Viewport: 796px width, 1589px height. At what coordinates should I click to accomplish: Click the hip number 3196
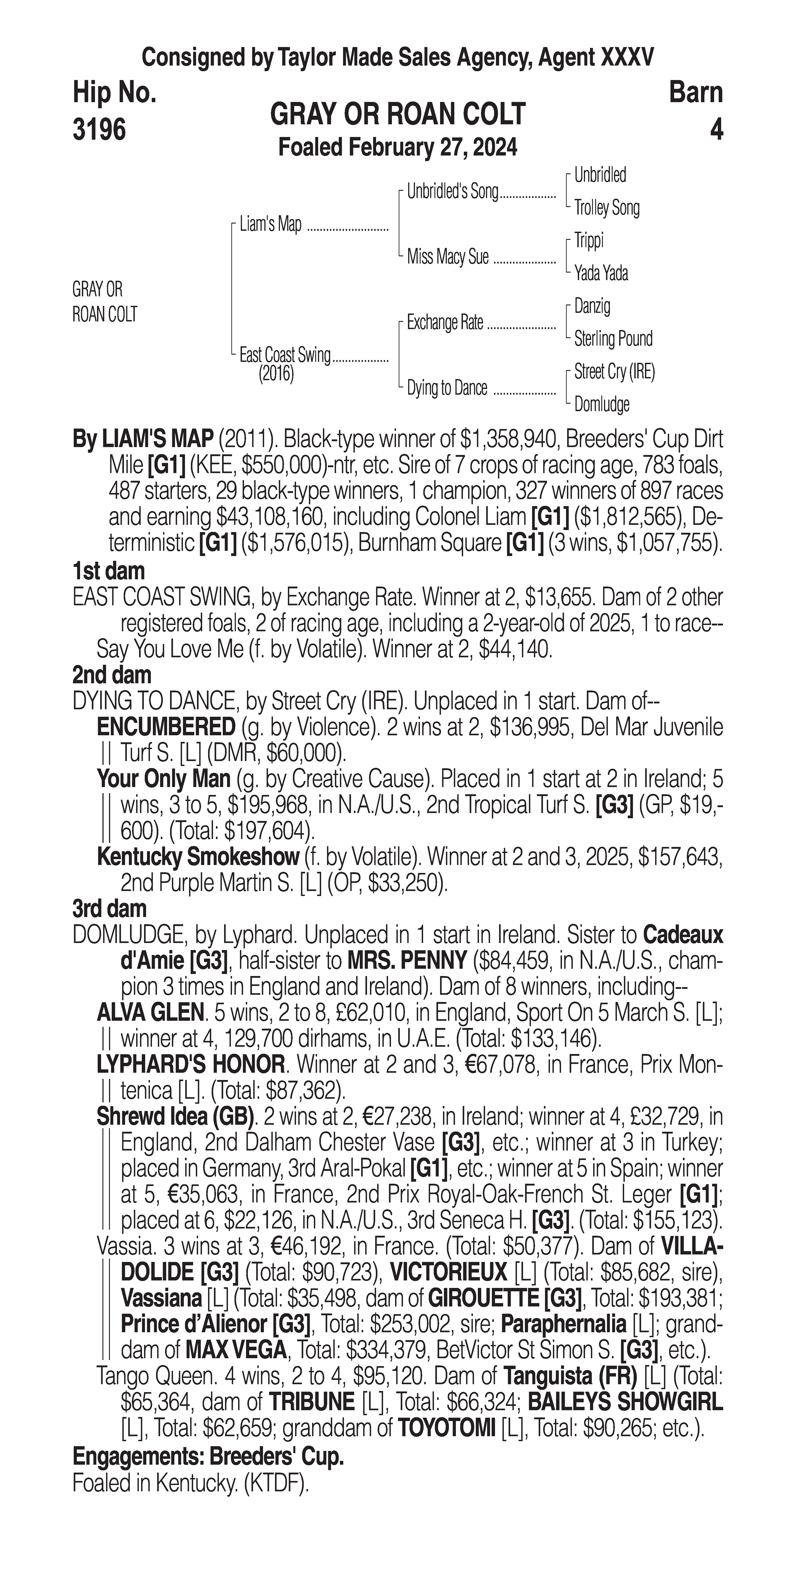(99, 130)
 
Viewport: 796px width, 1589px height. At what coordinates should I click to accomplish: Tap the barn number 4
(716, 130)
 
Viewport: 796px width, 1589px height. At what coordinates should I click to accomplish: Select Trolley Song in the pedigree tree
(606, 208)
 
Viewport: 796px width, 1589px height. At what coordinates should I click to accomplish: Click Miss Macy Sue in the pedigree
(447, 257)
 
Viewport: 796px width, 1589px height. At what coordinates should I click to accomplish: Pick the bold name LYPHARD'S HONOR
(191, 1065)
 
